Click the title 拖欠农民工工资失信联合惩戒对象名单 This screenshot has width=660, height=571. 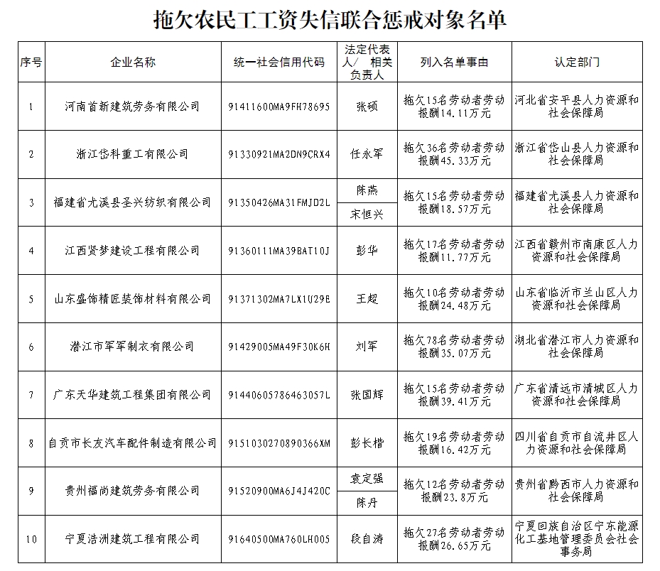330,20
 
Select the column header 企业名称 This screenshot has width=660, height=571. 133,62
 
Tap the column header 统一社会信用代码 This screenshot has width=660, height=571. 279,62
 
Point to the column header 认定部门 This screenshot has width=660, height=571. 577,62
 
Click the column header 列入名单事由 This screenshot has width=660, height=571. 454,62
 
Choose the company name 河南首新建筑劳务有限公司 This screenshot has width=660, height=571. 133,107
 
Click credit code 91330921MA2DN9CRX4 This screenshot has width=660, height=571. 279,154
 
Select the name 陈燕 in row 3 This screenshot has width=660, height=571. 367,190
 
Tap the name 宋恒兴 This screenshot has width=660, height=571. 367,214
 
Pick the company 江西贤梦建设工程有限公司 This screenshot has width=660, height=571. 133,251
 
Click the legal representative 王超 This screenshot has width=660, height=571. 367,298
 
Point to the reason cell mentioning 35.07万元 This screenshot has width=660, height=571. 454,347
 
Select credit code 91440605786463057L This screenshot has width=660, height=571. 279,395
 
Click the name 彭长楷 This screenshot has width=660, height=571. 367,443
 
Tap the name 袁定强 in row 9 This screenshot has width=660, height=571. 367,479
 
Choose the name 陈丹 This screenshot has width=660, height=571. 367,503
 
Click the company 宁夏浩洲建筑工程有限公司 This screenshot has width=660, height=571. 133,539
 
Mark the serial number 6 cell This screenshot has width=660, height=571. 31,347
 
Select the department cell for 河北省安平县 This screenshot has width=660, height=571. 577,107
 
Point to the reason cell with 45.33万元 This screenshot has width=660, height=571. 454,154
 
